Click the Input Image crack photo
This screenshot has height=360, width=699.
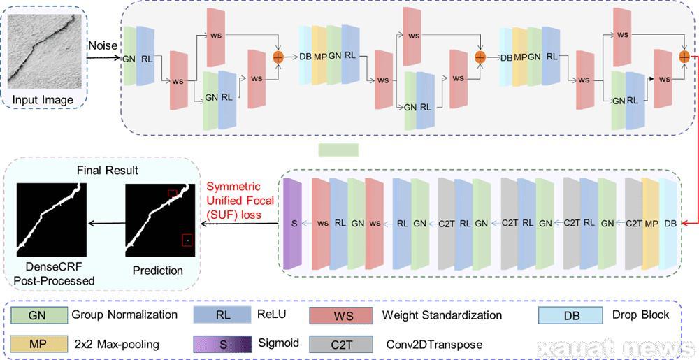coord(43,50)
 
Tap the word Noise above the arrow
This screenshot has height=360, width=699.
coord(102,45)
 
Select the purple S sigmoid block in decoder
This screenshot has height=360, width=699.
coord(293,223)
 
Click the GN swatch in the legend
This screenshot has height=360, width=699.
coord(37,315)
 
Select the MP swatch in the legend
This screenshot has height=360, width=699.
coord(37,344)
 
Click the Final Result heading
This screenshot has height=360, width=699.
coord(107,170)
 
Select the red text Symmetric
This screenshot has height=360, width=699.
coord(232,187)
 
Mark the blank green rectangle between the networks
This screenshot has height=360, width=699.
coord(338,150)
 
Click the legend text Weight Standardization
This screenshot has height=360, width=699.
coord(442,315)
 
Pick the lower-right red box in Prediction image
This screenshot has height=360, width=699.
coord(187,240)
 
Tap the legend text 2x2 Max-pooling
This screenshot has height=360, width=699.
coord(115,344)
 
